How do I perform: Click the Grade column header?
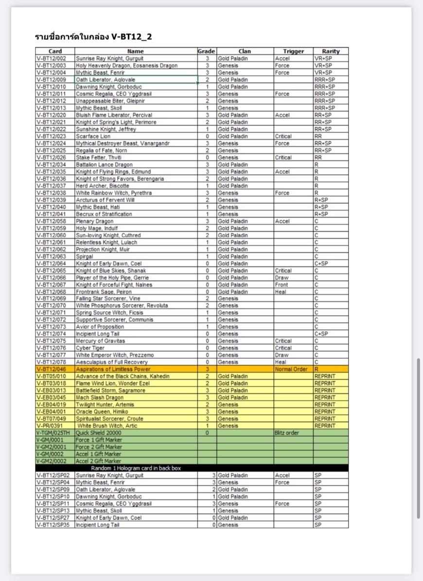206,51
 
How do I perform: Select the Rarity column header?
331,51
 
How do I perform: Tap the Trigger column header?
293,51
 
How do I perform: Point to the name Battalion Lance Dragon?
104,164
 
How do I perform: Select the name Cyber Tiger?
89,348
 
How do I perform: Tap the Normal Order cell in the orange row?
291,370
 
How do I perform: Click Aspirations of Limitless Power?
113,370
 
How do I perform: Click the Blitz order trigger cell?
287,433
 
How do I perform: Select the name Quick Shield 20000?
98,433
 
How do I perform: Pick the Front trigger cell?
282,284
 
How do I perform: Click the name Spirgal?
85,256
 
